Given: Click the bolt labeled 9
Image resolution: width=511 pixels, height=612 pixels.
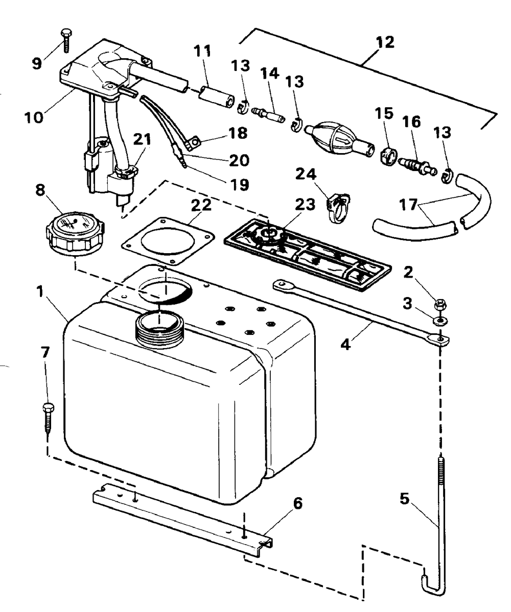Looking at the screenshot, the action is [65, 40].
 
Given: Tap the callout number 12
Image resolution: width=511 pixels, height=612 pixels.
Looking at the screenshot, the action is [384, 42].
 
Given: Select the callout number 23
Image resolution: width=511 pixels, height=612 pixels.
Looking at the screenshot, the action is [305, 204].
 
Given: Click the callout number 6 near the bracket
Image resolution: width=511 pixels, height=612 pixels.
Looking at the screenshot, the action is [298, 503].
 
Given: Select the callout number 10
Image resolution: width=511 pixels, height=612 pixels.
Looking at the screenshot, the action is [34, 117].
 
